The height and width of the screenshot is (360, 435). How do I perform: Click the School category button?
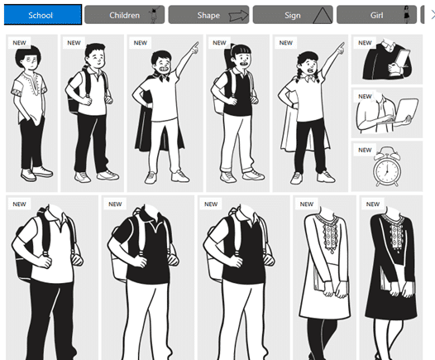coord(43,15)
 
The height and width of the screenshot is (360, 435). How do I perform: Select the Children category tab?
coord(124,15)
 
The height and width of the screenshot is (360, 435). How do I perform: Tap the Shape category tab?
coord(208,15)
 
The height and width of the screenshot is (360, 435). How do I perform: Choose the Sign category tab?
coord(293,15)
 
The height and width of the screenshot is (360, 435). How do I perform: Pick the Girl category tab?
coord(376,15)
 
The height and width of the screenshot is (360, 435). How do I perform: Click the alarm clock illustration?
coord(387,167)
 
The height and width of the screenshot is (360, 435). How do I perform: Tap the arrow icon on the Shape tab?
coord(238,15)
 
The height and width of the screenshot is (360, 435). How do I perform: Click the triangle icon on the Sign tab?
coord(322,16)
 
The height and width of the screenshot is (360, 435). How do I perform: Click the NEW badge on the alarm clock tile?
coord(365,150)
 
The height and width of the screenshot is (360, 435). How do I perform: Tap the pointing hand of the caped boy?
coord(195,48)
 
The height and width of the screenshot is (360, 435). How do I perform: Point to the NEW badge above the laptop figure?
coord(365,96)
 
